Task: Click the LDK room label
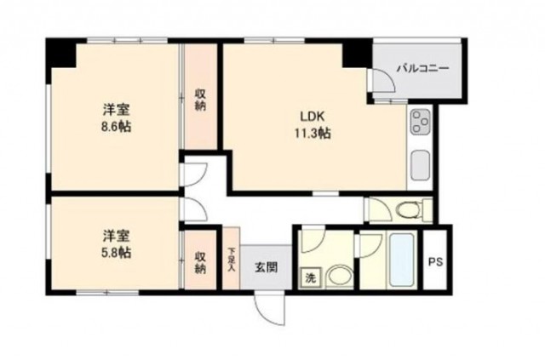(x=313, y=117)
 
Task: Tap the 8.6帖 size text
(x=116, y=127)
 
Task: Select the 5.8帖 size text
(x=116, y=252)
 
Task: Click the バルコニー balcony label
(x=423, y=68)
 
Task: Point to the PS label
(x=435, y=261)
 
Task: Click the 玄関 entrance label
(x=267, y=267)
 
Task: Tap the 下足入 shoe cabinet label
(x=232, y=259)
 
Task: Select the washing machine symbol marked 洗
(x=310, y=277)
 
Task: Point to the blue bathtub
(x=402, y=260)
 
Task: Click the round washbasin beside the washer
(x=339, y=277)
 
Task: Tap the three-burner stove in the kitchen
(x=421, y=122)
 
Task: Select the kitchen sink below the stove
(x=421, y=165)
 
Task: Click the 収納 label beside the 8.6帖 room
(x=200, y=100)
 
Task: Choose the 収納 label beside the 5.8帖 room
(x=200, y=262)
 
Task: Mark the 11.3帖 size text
(x=313, y=133)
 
